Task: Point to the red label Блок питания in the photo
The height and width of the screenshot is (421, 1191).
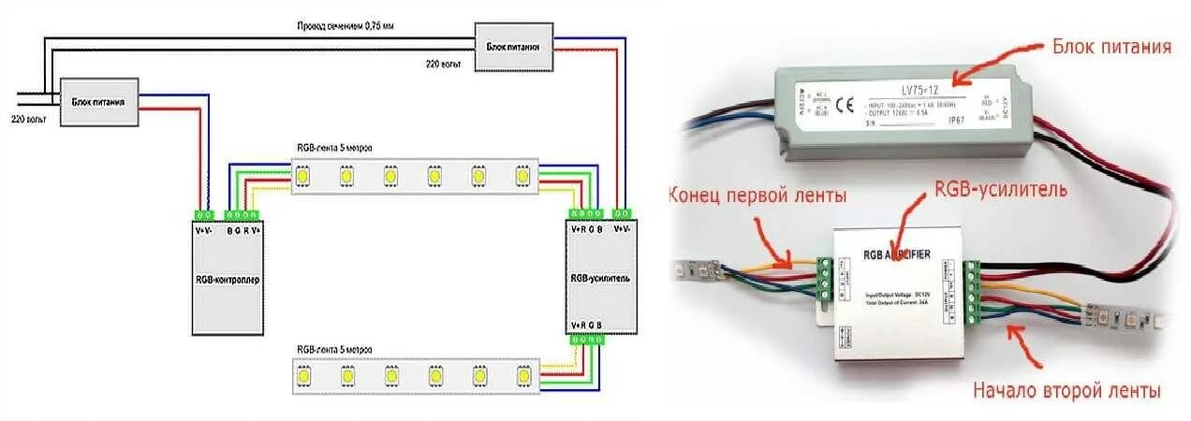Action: (1111, 46)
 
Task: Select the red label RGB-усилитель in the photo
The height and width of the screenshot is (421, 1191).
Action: (1000, 191)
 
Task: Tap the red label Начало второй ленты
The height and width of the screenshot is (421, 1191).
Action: (1066, 390)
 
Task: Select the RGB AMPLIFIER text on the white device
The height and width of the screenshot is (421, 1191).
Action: (896, 254)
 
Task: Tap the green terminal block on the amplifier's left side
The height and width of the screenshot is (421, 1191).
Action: (825, 280)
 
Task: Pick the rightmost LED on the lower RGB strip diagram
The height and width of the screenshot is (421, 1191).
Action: (522, 376)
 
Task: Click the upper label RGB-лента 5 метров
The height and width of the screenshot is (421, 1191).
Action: (331, 149)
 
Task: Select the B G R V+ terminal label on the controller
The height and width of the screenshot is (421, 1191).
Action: (243, 229)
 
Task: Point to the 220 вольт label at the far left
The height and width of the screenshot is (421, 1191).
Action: (29, 119)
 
